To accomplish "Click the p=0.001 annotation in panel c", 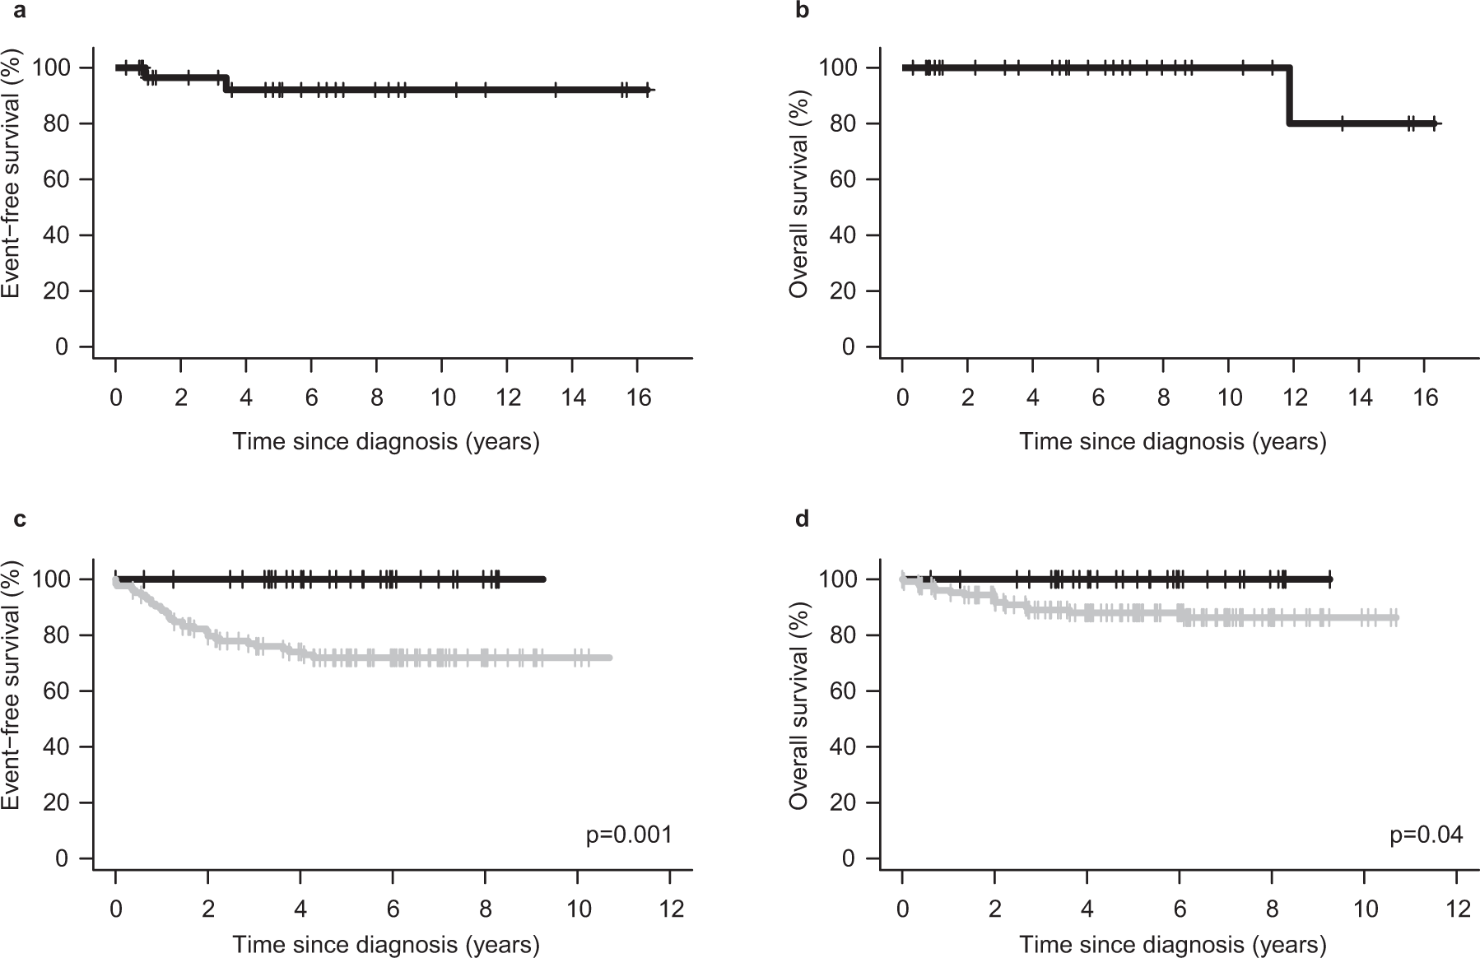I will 629,835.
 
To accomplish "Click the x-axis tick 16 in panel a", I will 639,398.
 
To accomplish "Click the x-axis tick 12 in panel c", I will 671,910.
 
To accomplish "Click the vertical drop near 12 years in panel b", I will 1289,95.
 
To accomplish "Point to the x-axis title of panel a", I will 386,442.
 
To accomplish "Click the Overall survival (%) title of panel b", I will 798,195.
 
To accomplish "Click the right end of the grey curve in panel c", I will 609,658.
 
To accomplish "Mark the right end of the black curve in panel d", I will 1329,579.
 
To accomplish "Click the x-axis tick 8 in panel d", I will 1273,910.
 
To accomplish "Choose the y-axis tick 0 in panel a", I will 62,347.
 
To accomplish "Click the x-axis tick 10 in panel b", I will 1230,398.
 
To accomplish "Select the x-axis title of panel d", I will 1173,945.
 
